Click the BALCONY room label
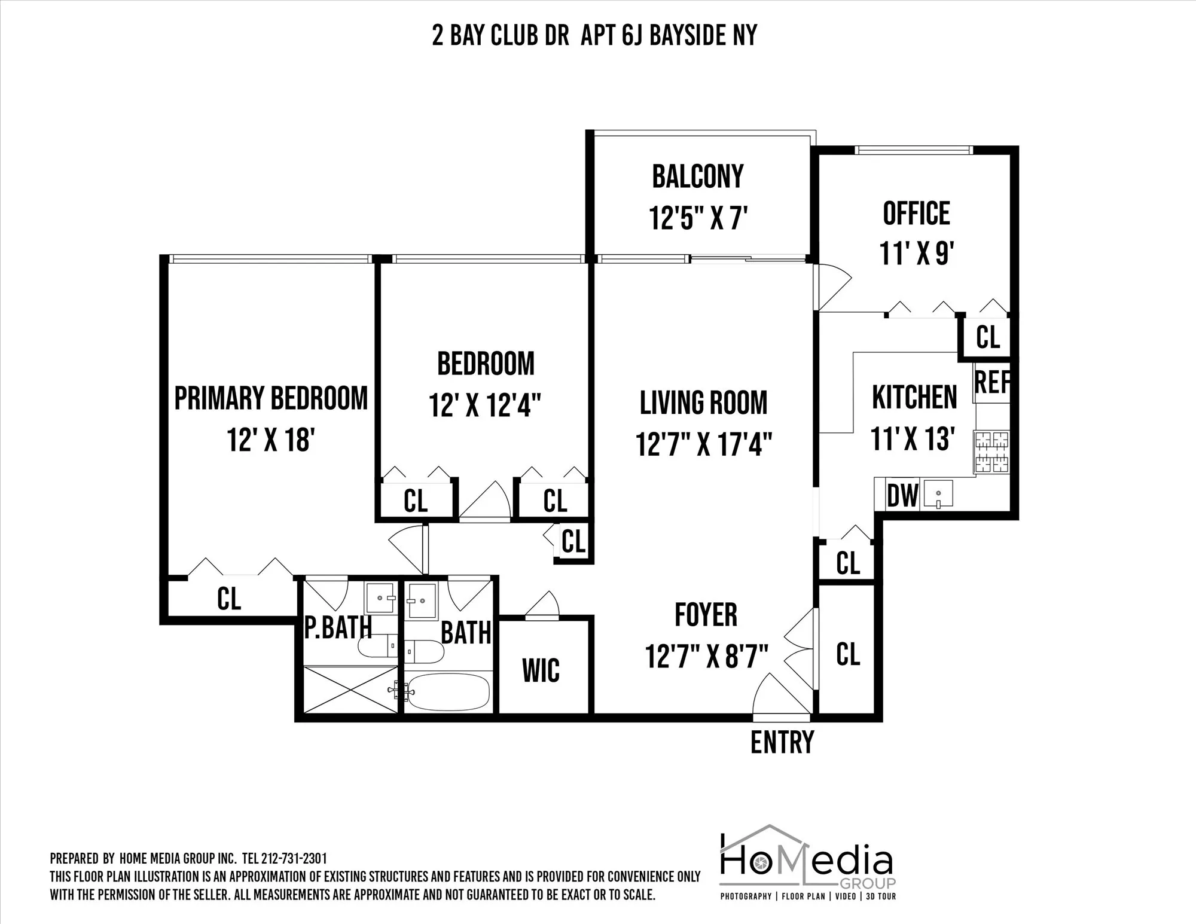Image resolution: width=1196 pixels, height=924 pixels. pyautogui.click(x=698, y=176)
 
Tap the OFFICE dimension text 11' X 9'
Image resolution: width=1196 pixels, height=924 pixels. pyautogui.click(x=916, y=253)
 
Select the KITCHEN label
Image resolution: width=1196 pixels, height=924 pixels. pyautogui.click(x=914, y=398)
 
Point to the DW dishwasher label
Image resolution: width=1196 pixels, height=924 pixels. pyautogui.click(x=902, y=495)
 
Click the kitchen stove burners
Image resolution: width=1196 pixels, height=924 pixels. pyautogui.click(x=992, y=452)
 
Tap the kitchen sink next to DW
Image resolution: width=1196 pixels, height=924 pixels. pyautogui.click(x=938, y=494)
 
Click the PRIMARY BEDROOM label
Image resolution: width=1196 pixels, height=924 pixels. pyautogui.click(x=271, y=399)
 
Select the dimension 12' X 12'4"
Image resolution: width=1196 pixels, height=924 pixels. pyautogui.click(x=485, y=405)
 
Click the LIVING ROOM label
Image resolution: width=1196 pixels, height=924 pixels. pyautogui.click(x=704, y=403)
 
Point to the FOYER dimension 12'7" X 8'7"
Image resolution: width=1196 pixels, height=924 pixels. pyautogui.click(x=706, y=656)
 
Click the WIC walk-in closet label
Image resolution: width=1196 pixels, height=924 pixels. pyautogui.click(x=541, y=670)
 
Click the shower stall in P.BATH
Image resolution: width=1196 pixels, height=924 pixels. pyautogui.click(x=350, y=689)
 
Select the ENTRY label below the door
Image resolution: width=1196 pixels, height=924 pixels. pyautogui.click(x=782, y=742)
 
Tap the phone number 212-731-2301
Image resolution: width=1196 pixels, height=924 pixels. pyautogui.click(x=294, y=859)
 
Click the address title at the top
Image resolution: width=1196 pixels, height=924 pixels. pyautogui.click(x=594, y=36)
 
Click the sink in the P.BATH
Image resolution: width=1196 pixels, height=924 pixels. pyautogui.click(x=380, y=597)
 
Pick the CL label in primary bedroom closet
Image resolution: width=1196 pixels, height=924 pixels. pyautogui.click(x=229, y=598)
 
